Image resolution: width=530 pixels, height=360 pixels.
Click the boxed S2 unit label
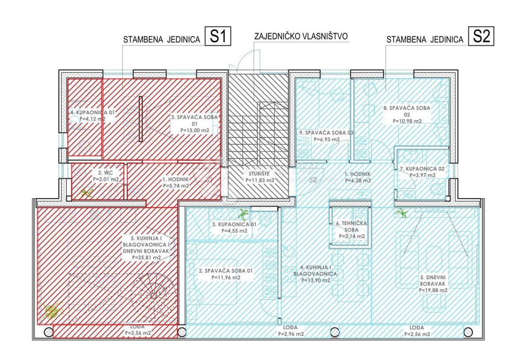click(481, 37)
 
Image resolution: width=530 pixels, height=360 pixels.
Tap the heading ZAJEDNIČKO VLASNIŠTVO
click(302, 36)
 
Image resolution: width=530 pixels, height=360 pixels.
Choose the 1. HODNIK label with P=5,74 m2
click(176, 183)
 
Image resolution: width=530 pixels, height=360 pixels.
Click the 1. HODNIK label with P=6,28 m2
click(357, 177)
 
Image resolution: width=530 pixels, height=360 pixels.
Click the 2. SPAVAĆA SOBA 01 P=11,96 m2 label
click(220, 274)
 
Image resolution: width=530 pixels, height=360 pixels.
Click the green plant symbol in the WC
click(87, 193)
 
